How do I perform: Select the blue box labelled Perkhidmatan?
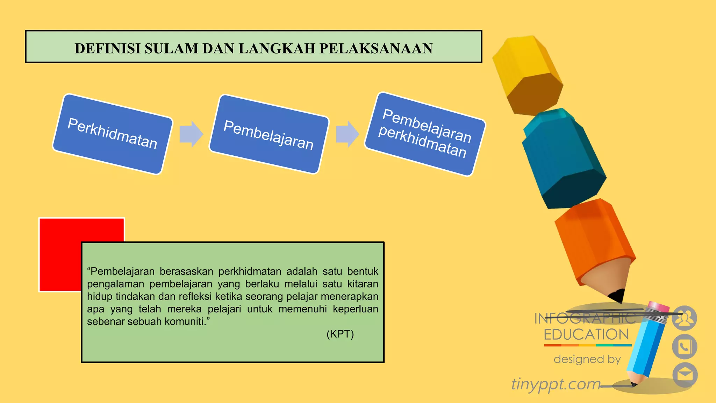pos(113,134)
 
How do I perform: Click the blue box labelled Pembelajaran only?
pos(269,134)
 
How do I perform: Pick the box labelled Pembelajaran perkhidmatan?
pos(425,134)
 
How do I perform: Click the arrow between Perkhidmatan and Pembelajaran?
pos(191,134)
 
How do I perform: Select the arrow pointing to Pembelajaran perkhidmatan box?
pos(347,134)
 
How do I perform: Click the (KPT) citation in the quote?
pos(340,334)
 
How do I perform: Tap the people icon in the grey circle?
pos(684,318)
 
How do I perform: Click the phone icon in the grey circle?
pos(685,347)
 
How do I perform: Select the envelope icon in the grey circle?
pos(685,375)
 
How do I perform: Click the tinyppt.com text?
pos(556,384)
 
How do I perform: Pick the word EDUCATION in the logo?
pos(586,334)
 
